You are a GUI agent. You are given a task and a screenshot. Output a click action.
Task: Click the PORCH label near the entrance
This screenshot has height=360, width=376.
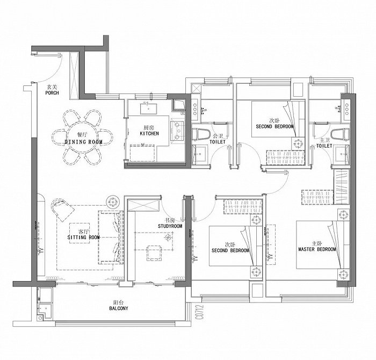coord(52,93)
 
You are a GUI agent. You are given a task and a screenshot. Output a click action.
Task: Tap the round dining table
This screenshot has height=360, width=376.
coord(83,137)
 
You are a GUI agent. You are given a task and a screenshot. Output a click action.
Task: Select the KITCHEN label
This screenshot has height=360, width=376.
coord(149,133)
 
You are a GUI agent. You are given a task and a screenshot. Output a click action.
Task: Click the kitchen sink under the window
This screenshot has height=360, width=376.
coord(149,109)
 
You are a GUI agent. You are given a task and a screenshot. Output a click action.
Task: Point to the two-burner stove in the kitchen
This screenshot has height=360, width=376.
coord(177,131)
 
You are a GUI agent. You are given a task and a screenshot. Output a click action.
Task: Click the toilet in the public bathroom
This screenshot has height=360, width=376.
coord(200,134)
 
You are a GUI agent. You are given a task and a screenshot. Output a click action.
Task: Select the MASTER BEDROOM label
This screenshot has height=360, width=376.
coord(317,249)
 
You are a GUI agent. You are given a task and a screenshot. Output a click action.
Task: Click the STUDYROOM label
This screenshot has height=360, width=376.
coord(170,226)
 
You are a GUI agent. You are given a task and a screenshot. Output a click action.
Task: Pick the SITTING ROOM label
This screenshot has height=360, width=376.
coord(83,237)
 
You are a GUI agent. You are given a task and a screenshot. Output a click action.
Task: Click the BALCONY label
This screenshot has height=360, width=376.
coord(119,308)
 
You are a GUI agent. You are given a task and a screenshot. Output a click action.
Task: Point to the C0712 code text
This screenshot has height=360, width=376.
coord(200,312)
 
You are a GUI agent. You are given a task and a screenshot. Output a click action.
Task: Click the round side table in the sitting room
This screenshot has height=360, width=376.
coord(112,201)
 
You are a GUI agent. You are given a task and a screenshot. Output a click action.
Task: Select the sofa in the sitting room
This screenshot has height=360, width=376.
coord(111,237)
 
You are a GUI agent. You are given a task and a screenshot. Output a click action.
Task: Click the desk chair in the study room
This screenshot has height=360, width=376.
coord(154,253)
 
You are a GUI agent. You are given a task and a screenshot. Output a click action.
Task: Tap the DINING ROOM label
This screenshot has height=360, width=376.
coord(83,142)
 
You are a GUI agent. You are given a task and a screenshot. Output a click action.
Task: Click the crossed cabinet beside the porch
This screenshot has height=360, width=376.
coord(74,75)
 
